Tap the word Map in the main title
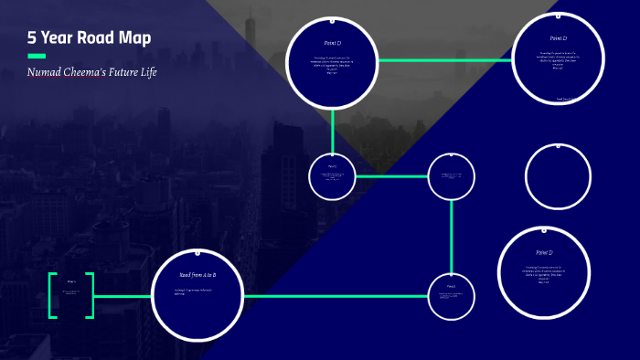click(x=133, y=38)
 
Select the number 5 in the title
click(x=32, y=38)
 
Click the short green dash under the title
click(x=37, y=56)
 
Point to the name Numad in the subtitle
click(x=46, y=72)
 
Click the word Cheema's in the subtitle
click(x=90, y=72)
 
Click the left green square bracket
click(x=52, y=295)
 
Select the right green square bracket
click(x=90, y=295)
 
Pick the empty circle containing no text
click(x=559, y=177)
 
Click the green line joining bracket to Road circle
click(x=123, y=296)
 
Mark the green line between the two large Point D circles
click(x=444, y=60)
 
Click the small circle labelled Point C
click(x=332, y=176)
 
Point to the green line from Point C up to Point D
click(x=332, y=130)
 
